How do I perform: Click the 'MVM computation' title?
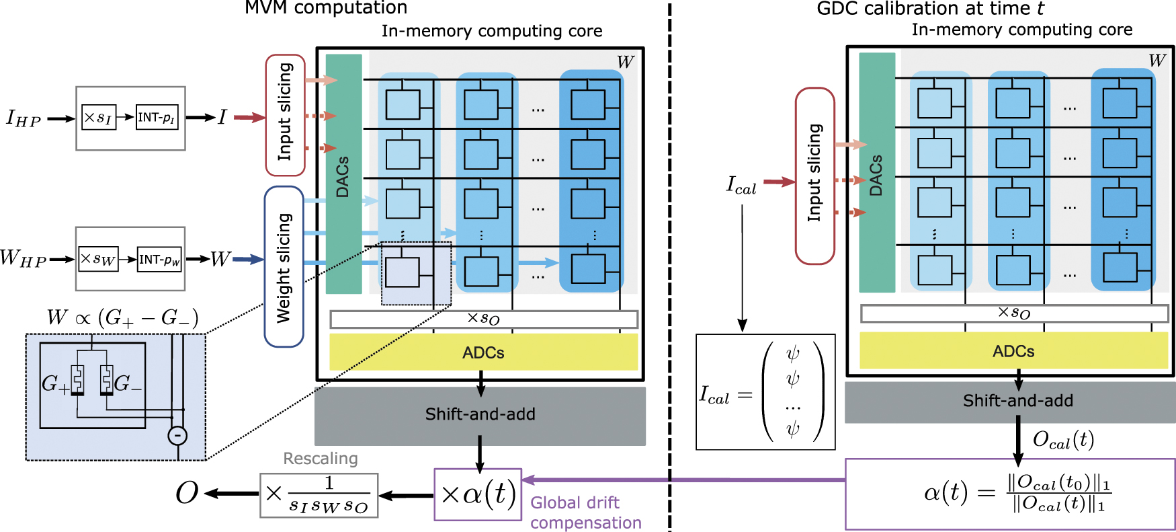pos(325,8)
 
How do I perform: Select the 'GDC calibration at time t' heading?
pos(930,9)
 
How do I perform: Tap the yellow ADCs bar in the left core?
pos(483,352)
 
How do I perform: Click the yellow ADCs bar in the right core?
pos(1013,351)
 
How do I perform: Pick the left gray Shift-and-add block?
pos(480,414)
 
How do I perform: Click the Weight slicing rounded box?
pos(284,267)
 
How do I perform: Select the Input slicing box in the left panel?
pos(285,115)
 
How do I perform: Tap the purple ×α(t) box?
pos(478,494)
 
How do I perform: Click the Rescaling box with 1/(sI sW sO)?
pos(319,495)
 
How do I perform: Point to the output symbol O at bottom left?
pos(187,494)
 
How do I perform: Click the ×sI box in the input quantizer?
pos(98,117)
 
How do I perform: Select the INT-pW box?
pos(159,260)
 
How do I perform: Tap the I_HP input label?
pos(24,119)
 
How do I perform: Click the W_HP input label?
pos(22,259)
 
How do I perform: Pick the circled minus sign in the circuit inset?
pos(177,436)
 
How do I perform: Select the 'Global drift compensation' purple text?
pos(585,512)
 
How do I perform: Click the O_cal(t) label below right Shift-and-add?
pos(1063,440)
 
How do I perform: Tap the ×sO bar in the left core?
pos(483,319)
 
